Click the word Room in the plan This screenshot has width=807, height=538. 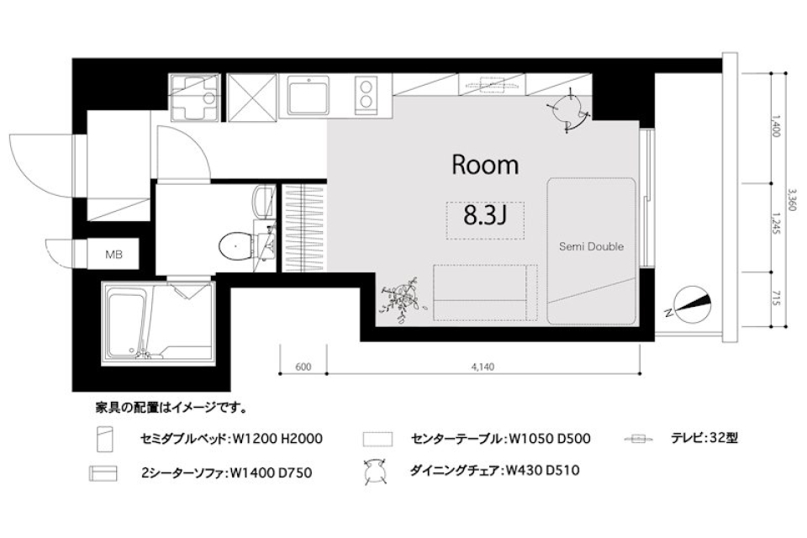tap(485, 165)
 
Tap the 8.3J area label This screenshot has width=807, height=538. tap(484, 217)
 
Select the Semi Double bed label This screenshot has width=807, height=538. tap(592, 246)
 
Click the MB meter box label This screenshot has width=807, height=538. tap(113, 253)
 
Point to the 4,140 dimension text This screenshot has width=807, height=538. tap(483, 366)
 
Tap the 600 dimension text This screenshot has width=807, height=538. tap(303, 366)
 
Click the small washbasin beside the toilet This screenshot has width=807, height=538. tap(264, 200)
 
